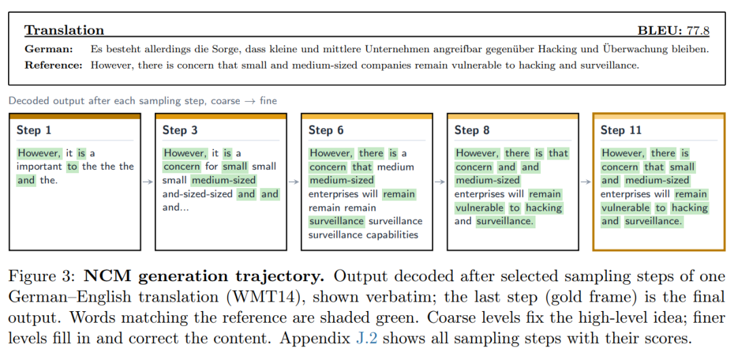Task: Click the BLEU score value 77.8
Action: pos(698,31)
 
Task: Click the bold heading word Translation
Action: pos(64,31)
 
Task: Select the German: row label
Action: pos(49,49)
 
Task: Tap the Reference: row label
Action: pos(54,65)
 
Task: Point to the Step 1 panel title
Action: pos(34,130)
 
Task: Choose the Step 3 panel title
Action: pos(180,130)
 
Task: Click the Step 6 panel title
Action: pos(326,130)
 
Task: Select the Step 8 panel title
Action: pos(472,130)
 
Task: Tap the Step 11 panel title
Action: pos(621,130)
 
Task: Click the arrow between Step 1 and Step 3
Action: pos(147,181)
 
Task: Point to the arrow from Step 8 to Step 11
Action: pos(586,181)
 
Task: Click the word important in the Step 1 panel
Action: pos(39,166)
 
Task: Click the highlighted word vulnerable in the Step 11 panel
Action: pos(625,207)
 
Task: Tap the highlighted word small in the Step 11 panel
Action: pos(682,166)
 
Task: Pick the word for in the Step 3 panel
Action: pos(211,166)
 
